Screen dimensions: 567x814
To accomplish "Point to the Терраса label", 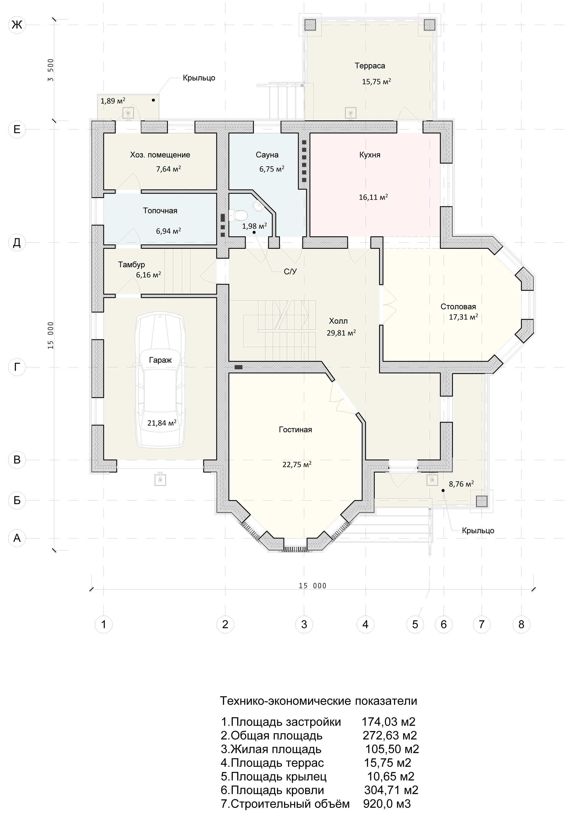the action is click(x=370, y=66).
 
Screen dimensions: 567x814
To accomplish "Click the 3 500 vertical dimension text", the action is click(x=51, y=70).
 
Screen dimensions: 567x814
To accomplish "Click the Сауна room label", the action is click(x=267, y=155).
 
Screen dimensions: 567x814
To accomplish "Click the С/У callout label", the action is click(x=290, y=272).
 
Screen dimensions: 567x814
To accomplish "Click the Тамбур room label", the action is click(x=132, y=265).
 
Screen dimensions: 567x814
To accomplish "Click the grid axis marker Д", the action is click(x=17, y=243).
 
